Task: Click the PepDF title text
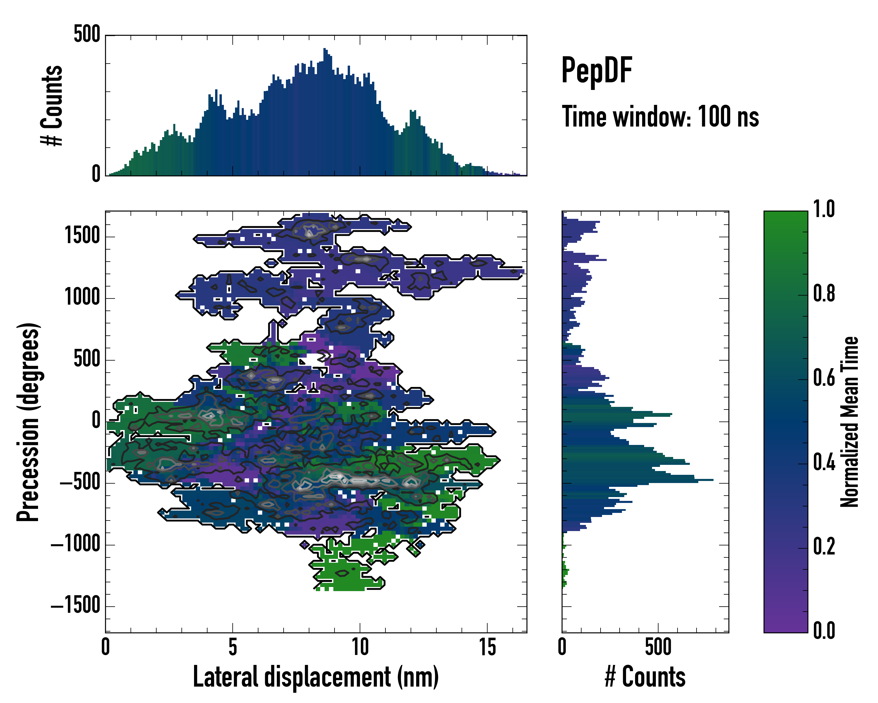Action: point(596,71)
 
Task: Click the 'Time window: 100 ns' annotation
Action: point(660,117)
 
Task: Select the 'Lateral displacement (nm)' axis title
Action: point(315,677)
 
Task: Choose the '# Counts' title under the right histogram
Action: point(645,677)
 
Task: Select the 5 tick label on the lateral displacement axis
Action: point(233,647)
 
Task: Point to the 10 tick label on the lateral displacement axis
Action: point(360,647)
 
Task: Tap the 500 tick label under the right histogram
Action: point(658,647)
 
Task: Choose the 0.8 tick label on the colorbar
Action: point(824,294)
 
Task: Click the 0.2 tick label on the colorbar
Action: point(824,547)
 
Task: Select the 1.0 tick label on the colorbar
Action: point(824,209)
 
